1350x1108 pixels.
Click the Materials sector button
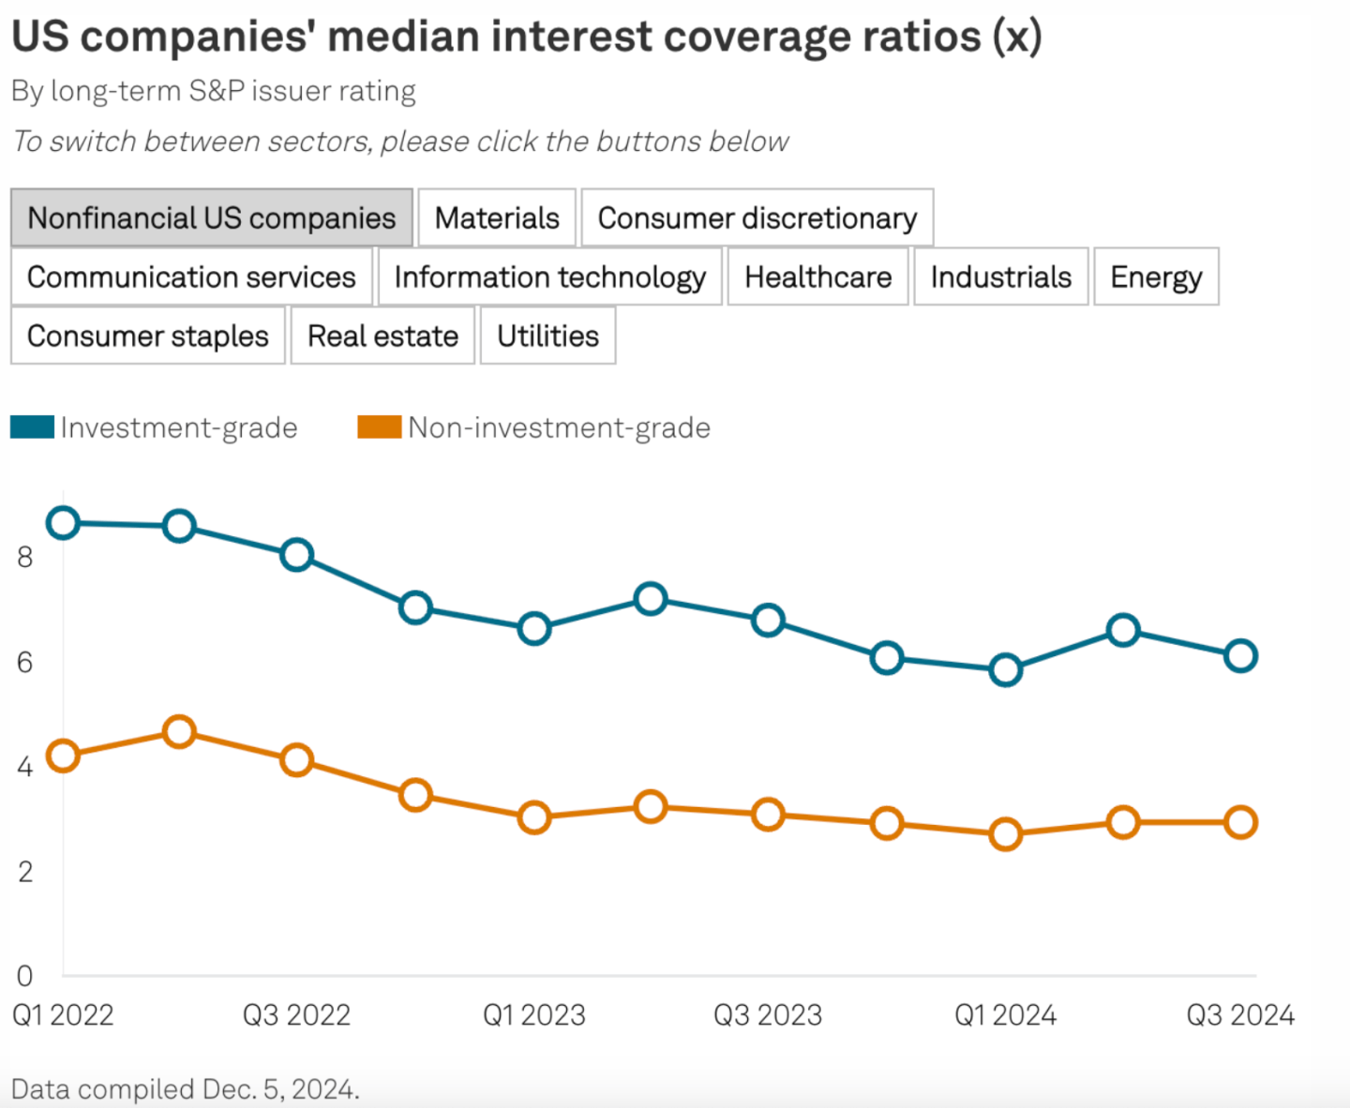point(497,217)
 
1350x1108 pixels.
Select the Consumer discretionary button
point(757,217)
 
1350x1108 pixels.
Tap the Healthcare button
point(817,277)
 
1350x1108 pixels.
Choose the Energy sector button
point(1156,277)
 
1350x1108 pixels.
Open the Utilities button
point(547,336)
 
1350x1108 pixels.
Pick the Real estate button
point(382,336)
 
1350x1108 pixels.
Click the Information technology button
point(549,277)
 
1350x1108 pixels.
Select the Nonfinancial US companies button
point(212,217)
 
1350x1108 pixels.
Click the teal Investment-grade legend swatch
point(33,427)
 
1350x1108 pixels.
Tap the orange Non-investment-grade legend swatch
point(380,427)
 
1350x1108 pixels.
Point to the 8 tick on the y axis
point(25,558)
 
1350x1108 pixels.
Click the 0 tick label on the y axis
point(25,977)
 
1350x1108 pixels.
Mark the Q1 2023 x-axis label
point(533,1015)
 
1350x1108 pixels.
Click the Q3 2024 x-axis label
point(1239,1015)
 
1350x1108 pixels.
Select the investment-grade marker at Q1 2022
point(63,523)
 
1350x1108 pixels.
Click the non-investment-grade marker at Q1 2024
point(1005,833)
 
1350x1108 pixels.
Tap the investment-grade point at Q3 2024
point(1240,655)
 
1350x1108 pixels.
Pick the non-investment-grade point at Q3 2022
point(296,759)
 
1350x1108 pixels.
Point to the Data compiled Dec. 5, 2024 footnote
point(186,1089)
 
